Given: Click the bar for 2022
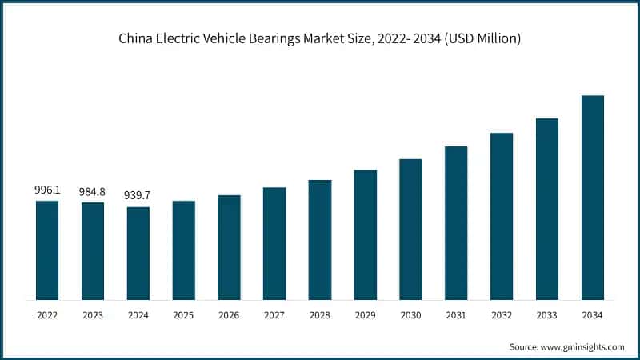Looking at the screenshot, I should pos(47,250).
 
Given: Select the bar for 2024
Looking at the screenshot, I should pos(138,253).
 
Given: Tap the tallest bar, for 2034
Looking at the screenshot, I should pos(592,198).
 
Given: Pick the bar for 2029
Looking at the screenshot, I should pos(365,234).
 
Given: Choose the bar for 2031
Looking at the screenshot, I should pos(456,223).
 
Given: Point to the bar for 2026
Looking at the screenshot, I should pos(229,247).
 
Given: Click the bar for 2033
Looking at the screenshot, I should pos(546,209).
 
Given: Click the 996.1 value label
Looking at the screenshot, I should pos(47,190).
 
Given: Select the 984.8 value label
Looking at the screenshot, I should pos(93,192).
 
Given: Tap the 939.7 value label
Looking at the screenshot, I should pos(138,196).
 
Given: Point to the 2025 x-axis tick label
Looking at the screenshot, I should pos(183,316).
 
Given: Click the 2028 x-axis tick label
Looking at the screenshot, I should pos(319,316).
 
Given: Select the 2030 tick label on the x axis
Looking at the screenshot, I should pos(410,316).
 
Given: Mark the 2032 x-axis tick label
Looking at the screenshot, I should pos(502,316).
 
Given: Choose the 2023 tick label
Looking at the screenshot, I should pos(93,316).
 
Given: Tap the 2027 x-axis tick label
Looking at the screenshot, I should pos(274,316).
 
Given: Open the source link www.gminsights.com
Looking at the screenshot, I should pos(582,346).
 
